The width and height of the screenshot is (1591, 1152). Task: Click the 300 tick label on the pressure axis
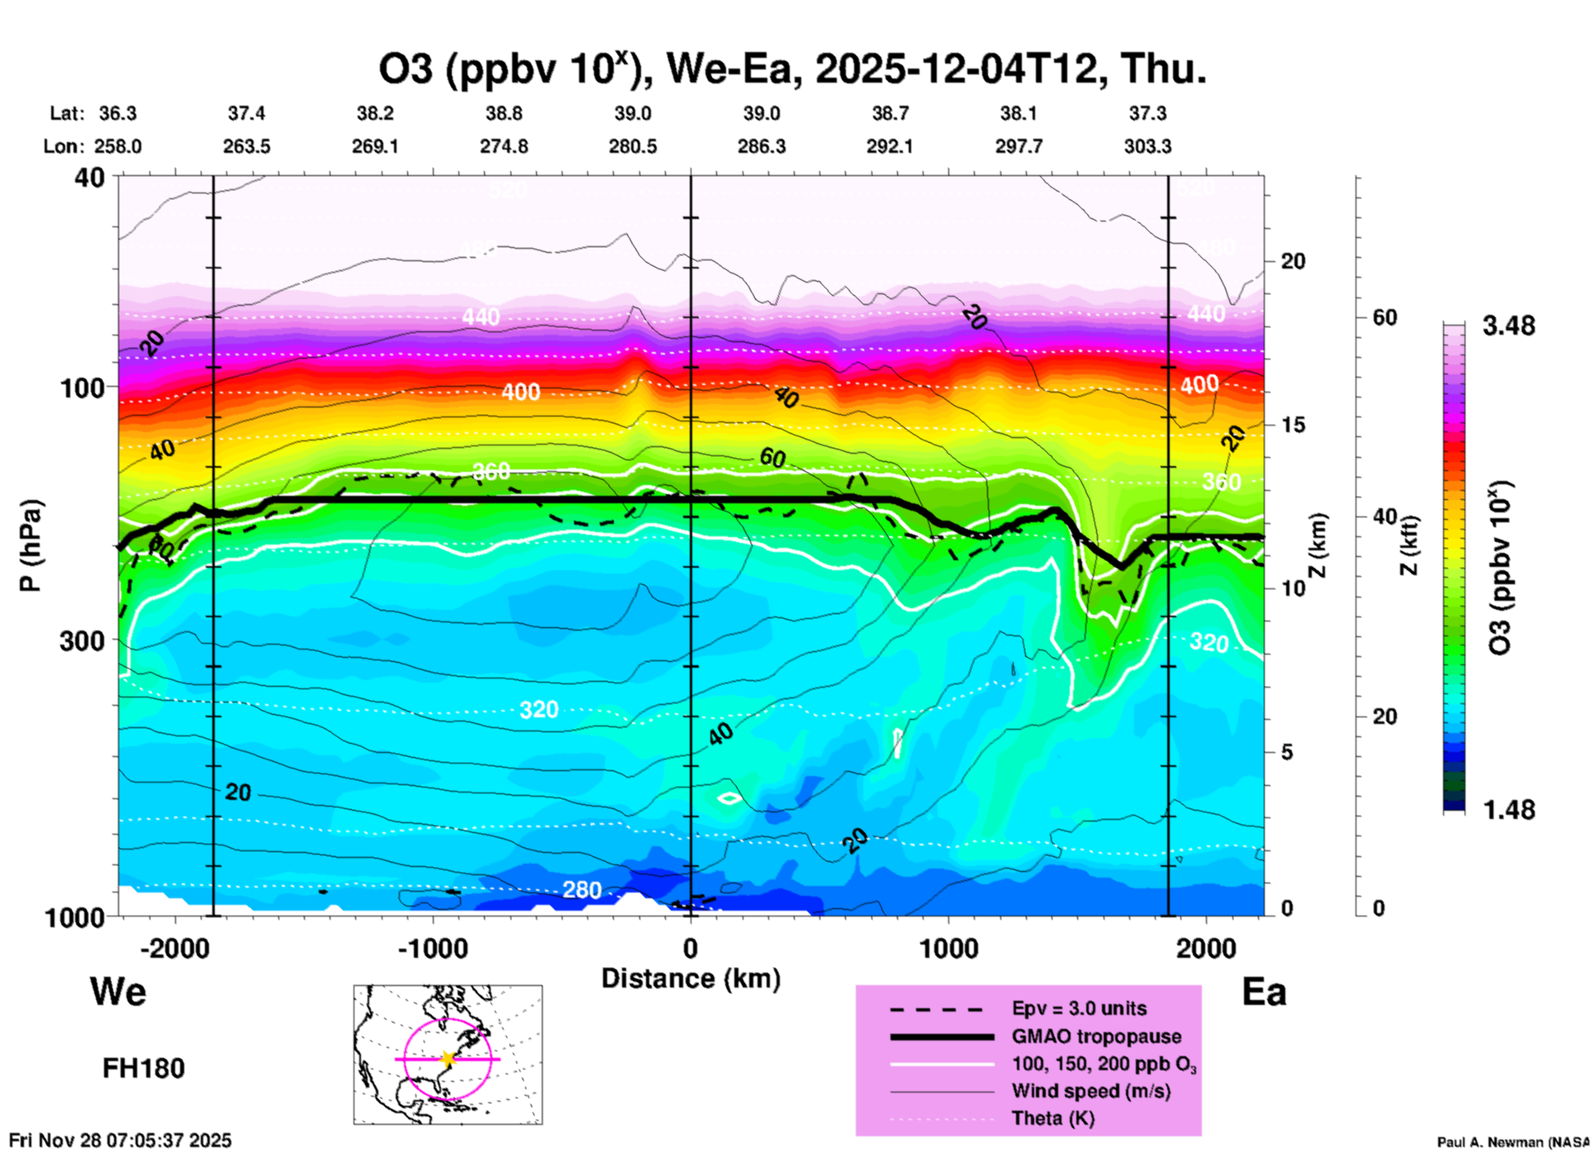point(83,640)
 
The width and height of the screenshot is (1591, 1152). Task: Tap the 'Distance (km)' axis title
point(691,978)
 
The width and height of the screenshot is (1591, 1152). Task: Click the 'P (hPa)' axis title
point(31,545)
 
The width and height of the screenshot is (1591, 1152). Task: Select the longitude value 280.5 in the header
point(633,146)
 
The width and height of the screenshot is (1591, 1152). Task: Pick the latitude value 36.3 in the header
point(117,113)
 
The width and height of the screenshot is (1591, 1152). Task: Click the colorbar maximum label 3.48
point(1508,326)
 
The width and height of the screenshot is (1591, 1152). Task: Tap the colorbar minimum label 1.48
point(1508,810)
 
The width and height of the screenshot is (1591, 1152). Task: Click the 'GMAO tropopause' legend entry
point(1096,1036)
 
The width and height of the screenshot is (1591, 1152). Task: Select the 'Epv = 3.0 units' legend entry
point(1079,1008)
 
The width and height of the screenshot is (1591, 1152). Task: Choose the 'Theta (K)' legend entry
point(1053,1118)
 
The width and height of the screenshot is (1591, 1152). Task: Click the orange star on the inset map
point(448,1059)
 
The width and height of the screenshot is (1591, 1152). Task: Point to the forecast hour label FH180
point(144,1069)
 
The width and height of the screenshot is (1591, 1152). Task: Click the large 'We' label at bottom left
point(118,992)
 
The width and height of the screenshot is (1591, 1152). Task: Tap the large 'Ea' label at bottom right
point(1264,992)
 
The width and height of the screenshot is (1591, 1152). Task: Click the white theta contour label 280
point(582,890)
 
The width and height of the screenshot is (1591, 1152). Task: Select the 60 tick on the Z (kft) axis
point(1385,317)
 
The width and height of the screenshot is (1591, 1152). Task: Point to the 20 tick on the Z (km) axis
point(1293,261)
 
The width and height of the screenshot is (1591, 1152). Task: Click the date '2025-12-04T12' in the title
point(961,69)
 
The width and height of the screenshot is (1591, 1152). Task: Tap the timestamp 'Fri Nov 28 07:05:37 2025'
point(121,1140)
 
